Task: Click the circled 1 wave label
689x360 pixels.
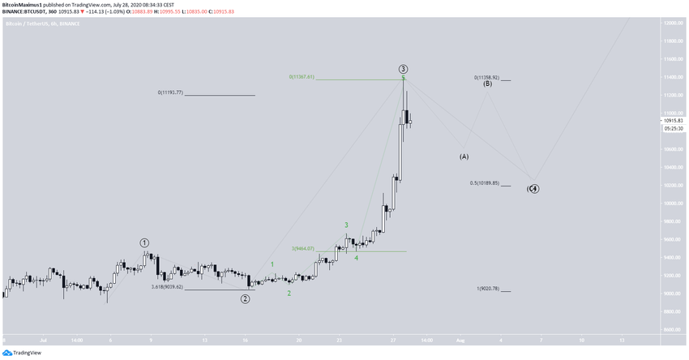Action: (x=144, y=242)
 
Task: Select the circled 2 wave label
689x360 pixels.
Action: (x=245, y=298)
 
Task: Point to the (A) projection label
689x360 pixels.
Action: (x=464, y=156)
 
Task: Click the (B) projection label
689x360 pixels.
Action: (x=487, y=84)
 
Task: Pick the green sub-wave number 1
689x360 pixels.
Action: (x=272, y=264)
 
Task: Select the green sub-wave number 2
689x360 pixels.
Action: (x=289, y=293)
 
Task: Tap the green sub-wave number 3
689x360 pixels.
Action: (x=346, y=225)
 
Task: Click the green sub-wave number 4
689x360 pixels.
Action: (x=357, y=258)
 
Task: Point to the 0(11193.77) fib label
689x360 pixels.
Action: (x=170, y=92)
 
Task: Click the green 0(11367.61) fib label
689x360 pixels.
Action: (x=301, y=77)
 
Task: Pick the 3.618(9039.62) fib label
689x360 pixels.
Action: (x=167, y=286)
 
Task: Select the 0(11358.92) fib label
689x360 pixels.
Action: (x=486, y=77)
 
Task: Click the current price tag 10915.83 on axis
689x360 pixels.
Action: (x=672, y=121)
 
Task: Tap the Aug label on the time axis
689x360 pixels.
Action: (x=458, y=339)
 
